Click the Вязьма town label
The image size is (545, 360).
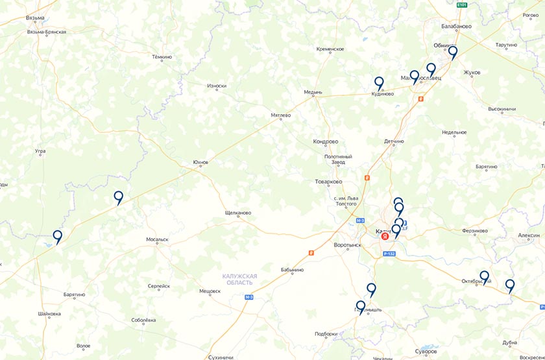[35, 18]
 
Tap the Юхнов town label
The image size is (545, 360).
[200, 162]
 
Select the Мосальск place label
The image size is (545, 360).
[157, 239]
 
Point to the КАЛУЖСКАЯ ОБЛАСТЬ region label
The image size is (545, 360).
[239, 279]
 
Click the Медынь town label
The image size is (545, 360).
[313, 92]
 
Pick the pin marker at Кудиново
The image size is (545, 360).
[379, 83]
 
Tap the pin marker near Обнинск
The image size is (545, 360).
[453, 52]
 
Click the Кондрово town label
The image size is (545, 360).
[326, 141]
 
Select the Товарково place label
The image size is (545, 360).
[328, 182]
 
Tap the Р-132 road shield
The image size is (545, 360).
[389, 254]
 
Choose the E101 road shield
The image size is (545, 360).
[462, 5]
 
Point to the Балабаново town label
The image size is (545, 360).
[456, 27]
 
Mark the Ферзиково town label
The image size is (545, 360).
[475, 231]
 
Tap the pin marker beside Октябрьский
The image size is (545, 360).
[484, 277]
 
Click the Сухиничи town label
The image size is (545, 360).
[221, 357]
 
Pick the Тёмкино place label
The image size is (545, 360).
[162, 57]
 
